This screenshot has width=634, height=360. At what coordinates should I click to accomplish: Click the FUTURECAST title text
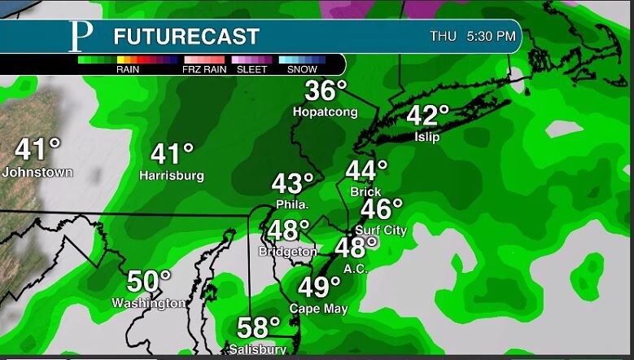tap(186, 37)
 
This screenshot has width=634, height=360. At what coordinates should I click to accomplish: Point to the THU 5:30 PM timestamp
tap(472, 37)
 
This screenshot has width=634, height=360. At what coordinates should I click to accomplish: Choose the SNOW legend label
tap(302, 70)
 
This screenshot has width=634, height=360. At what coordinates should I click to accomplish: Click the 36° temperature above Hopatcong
tap(326, 91)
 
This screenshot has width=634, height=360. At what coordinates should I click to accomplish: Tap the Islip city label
tap(426, 137)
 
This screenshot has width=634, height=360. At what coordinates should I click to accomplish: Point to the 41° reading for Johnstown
tap(37, 151)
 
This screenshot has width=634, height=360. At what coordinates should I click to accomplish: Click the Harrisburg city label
tap(171, 175)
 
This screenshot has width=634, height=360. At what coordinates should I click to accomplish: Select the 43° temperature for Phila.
tap(292, 183)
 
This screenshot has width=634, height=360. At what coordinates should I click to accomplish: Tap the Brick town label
tap(365, 192)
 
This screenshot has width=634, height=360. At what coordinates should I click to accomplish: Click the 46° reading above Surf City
tap(382, 209)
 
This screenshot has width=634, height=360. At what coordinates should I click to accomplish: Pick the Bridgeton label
tap(288, 252)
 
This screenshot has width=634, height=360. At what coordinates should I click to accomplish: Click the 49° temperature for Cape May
tap(319, 287)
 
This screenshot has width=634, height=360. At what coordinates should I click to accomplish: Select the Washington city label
tap(149, 303)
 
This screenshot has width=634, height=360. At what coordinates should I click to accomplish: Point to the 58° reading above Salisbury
tap(259, 327)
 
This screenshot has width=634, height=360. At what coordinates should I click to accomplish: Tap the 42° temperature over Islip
tap(428, 116)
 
